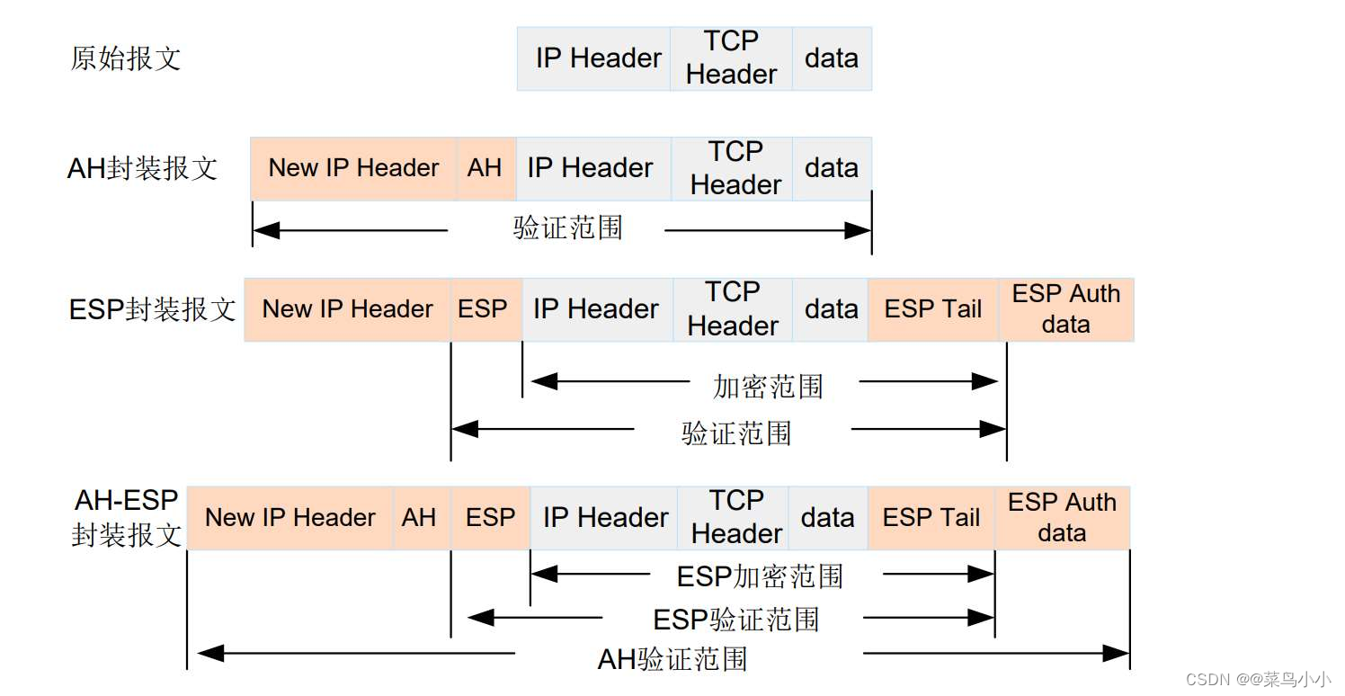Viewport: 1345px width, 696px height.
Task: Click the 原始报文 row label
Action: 126,58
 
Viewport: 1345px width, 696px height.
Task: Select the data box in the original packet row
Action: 832,58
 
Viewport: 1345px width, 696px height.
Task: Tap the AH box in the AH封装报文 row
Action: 485,168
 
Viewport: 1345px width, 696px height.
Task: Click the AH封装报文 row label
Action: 142,168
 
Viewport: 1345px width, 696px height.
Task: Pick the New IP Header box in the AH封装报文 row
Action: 353,168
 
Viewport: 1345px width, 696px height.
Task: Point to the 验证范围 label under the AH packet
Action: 568,228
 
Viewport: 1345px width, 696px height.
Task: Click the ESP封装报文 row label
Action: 152,309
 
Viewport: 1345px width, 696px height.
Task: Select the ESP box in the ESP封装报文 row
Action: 484,309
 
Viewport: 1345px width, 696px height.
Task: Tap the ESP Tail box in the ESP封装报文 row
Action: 933,309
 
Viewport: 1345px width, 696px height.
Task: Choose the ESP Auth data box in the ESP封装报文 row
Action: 1066,309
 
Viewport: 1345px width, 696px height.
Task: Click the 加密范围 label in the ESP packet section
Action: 768,386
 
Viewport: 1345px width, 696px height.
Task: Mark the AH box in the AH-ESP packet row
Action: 419,518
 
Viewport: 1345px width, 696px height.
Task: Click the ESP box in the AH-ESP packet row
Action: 490,518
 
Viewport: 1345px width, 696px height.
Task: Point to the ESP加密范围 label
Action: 760,576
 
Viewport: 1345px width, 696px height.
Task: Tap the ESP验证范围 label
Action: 735,620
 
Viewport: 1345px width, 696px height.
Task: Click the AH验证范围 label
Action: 672,659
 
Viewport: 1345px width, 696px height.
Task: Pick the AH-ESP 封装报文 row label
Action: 127,518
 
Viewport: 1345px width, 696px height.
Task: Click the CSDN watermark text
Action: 1258,680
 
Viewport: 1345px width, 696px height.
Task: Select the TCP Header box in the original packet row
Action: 731,58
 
